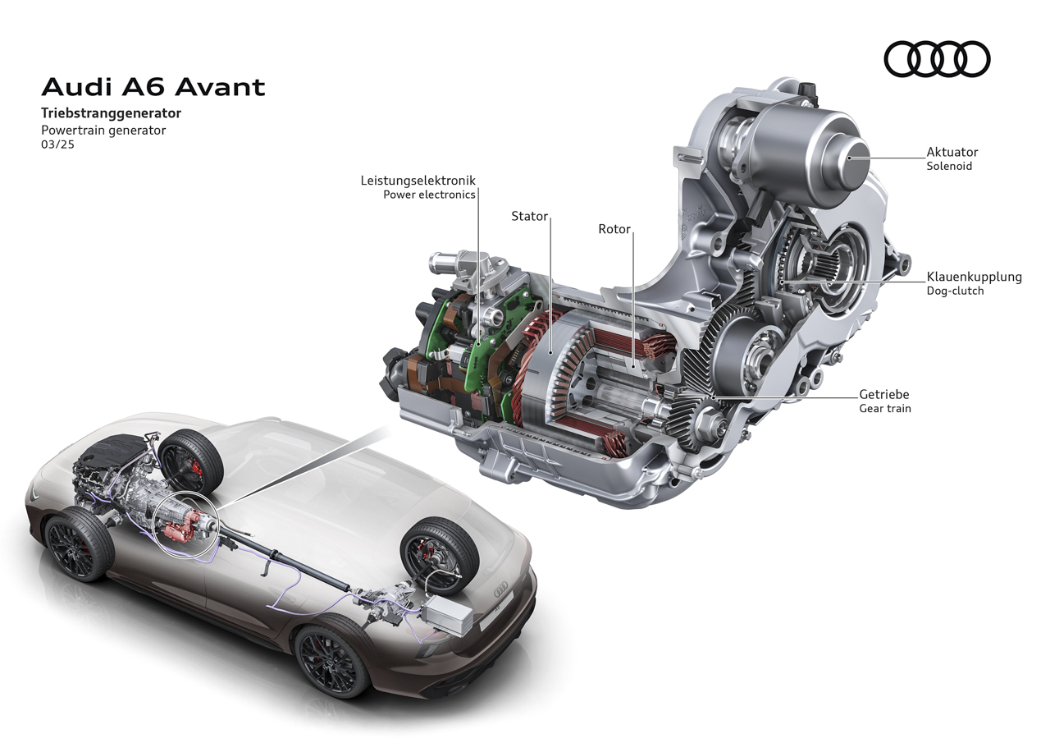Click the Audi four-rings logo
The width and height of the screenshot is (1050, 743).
[937, 59]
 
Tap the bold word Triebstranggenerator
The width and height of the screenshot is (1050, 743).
[111, 113]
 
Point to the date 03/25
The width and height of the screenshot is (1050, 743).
[57, 144]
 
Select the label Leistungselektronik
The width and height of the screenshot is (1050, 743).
[418, 181]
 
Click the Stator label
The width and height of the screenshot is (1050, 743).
[529, 216]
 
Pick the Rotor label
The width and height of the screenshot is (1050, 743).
[614, 229]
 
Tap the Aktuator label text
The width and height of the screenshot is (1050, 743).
[952, 152]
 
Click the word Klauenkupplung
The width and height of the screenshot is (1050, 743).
[974, 277]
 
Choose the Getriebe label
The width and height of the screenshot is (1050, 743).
[884, 394]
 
